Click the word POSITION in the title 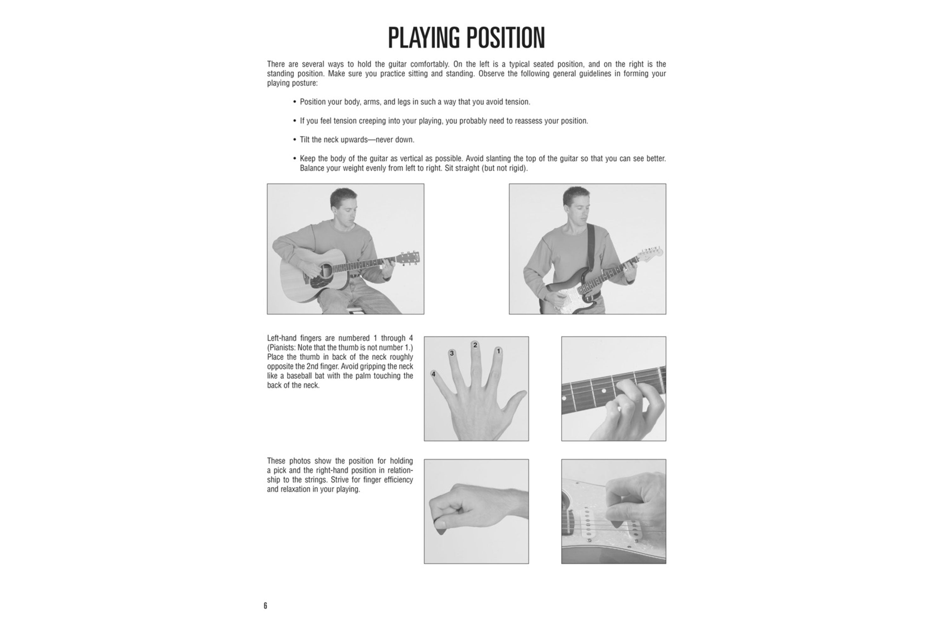505,38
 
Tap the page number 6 266,605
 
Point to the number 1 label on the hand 498,351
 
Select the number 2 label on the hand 475,345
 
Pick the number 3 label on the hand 452,353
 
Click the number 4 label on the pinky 433,374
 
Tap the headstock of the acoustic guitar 409,258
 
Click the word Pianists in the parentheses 281,347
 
